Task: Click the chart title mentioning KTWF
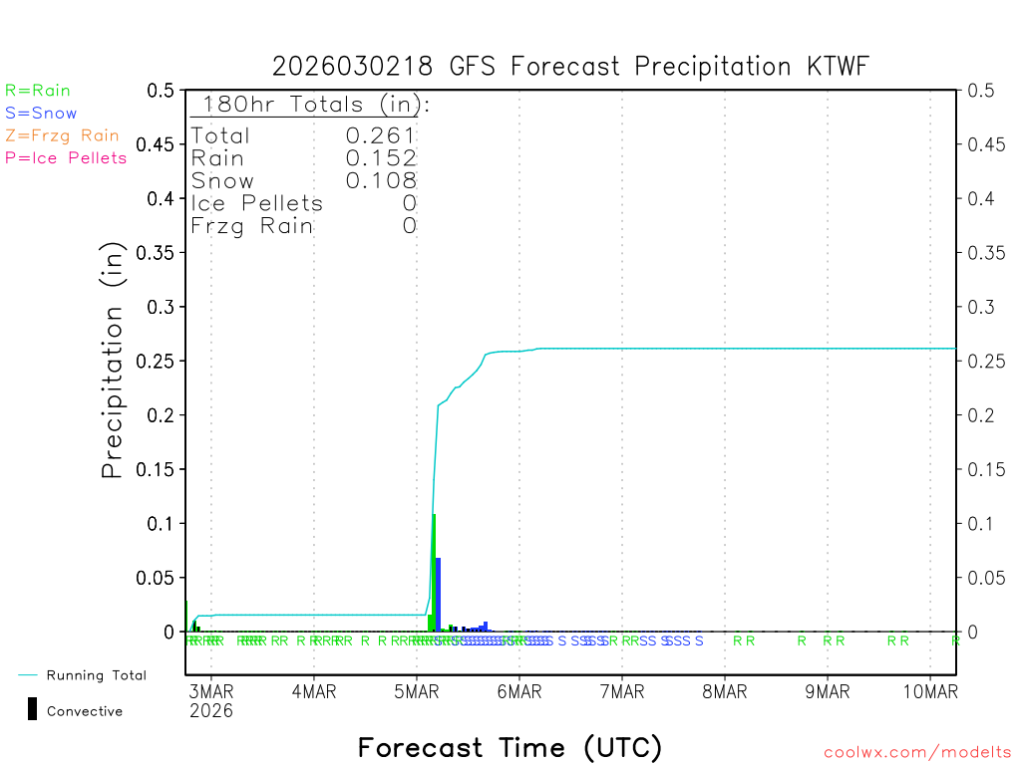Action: [571, 67]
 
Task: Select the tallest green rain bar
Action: [434, 573]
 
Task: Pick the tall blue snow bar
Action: [439, 596]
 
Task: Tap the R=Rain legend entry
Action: [38, 91]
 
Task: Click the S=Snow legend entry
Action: [41, 114]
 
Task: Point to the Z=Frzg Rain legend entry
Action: [62, 135]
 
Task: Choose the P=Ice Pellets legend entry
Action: [66, 157]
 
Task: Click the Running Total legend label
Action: [96, 675]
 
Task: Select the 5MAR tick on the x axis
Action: [416, 691]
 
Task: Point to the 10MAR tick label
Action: [929, 691]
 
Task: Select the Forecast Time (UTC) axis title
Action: [510, 747]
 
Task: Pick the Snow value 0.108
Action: [381, 180]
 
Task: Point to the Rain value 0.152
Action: [381, 158]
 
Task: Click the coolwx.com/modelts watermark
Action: [917, 753]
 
